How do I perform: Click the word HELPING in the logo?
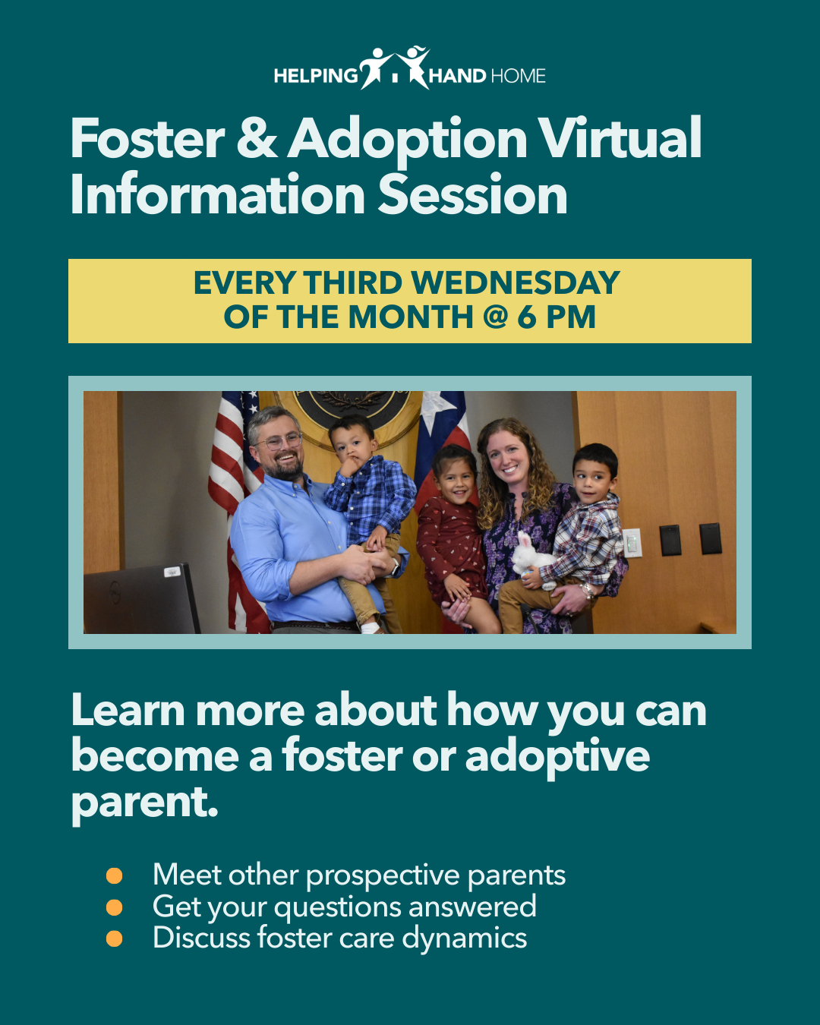coord(316,76)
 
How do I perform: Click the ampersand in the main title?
coord(257,138)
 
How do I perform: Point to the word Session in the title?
coord(473,194)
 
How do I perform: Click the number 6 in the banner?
coord(527,317)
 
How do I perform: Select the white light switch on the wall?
coord(632,543)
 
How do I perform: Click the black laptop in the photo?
coord(141,599)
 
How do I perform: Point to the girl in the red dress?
coord(453,538)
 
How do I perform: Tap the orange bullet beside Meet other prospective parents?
coord(115,876)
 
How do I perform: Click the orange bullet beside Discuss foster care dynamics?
coord(115,938)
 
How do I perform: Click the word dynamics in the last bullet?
coord(465,938)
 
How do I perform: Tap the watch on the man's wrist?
coord(396,567)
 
